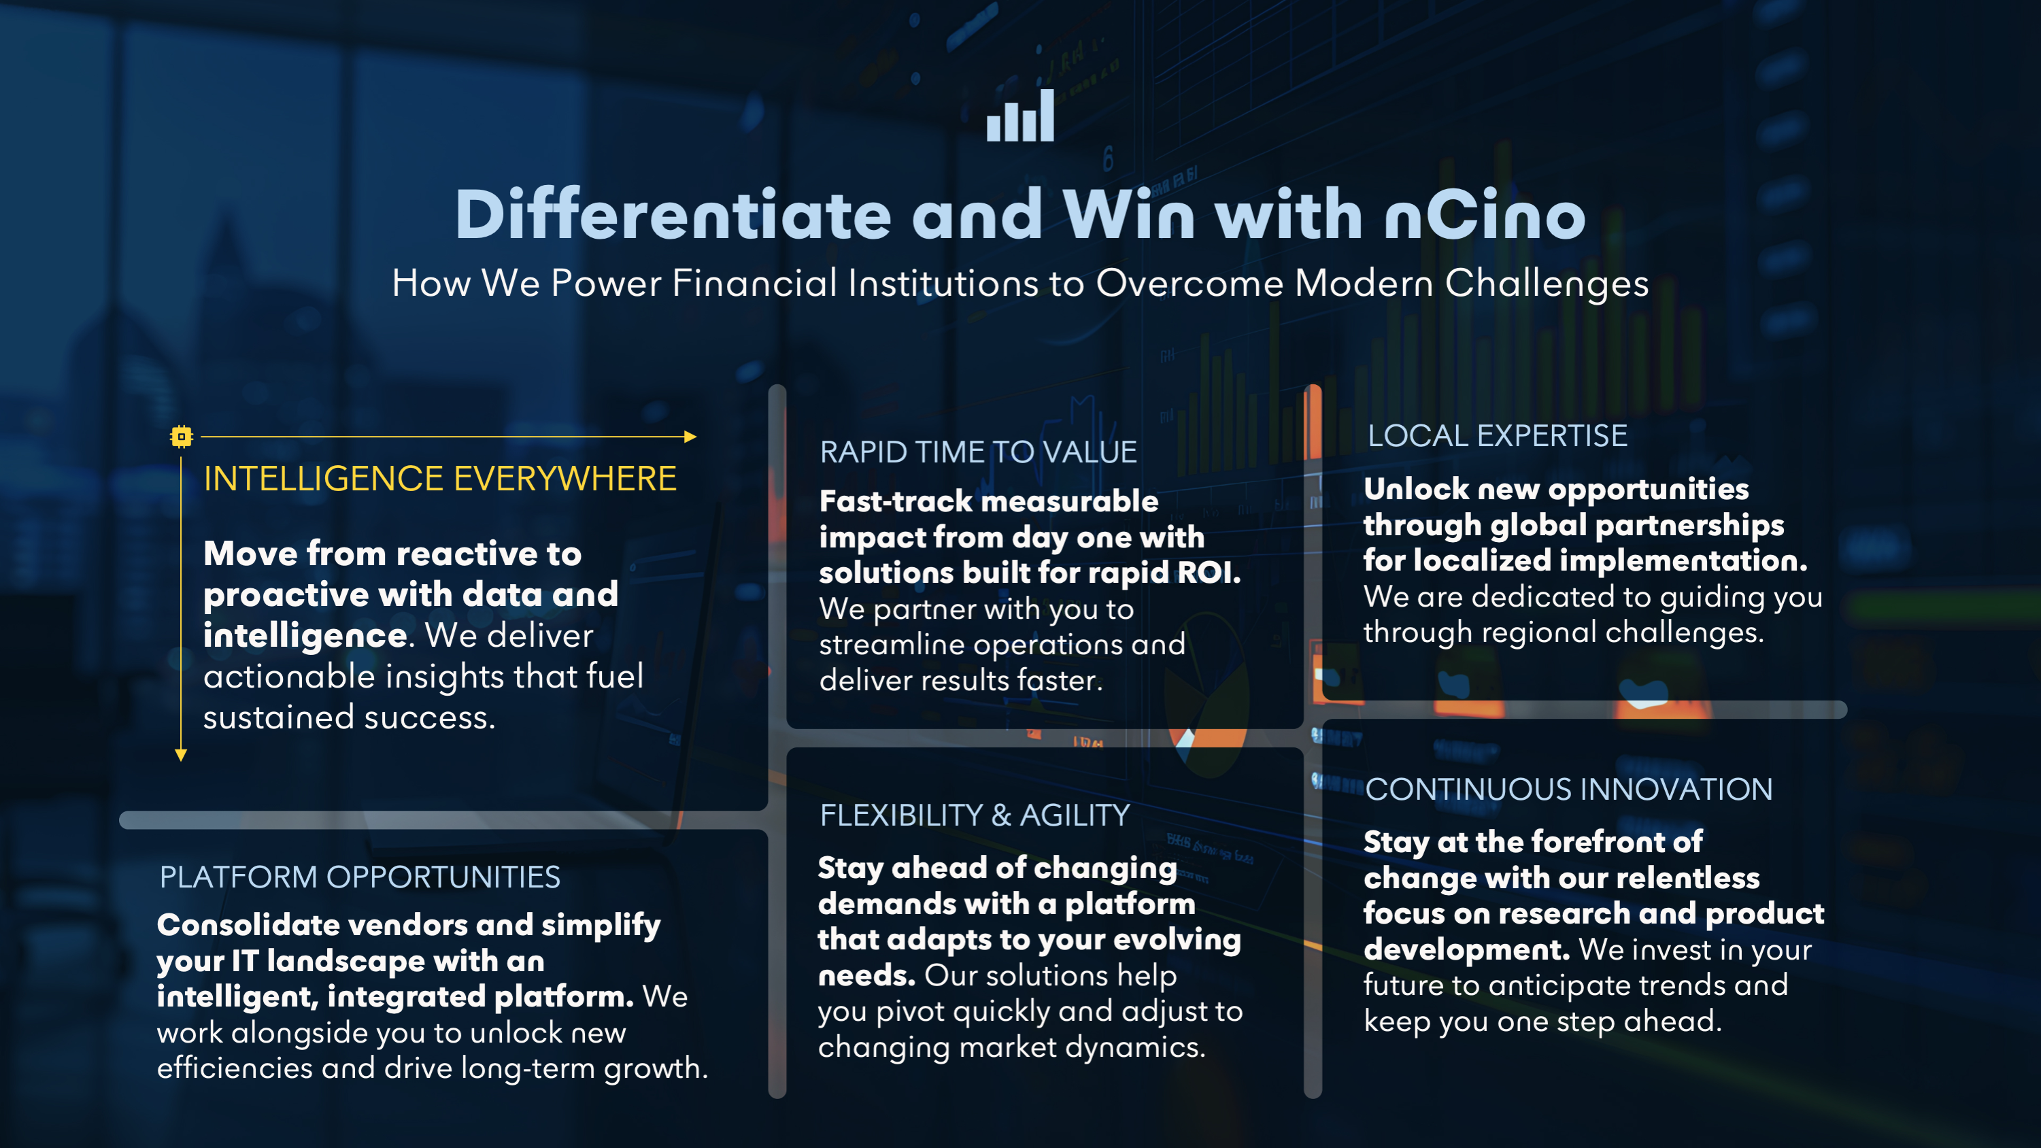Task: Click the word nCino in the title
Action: coord(1485,216)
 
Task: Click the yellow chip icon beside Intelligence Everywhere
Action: coord(182,437)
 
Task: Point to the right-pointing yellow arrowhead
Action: coord(690,437)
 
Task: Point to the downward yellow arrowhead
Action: coord(181,755)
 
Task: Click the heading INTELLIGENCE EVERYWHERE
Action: coord(440,479)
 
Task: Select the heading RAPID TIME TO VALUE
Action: coord(978,452)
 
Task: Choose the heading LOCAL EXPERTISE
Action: coord(1498,436)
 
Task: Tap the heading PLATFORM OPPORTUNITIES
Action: coord(360,877)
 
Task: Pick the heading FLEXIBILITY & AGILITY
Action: coord(975,815)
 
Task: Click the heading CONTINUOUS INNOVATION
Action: coord(1569,789)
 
